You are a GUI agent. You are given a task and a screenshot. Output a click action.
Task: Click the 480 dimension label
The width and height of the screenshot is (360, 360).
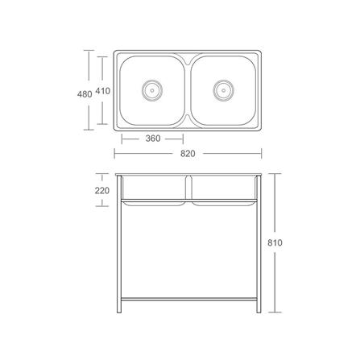[85, 94]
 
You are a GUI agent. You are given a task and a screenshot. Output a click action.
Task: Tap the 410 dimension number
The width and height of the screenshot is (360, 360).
[103, 91]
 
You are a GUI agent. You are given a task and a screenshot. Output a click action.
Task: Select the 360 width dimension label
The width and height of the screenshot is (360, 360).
[153, 139]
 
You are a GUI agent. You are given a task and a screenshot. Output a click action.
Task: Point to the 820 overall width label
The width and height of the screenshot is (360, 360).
[188, 154]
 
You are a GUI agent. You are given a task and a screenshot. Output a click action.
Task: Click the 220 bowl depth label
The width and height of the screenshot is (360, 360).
[102, 191]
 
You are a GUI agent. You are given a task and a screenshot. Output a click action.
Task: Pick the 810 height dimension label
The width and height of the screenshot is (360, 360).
[275, 242]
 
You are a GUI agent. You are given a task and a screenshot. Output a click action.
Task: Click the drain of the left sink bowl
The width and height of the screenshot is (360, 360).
[152, 90]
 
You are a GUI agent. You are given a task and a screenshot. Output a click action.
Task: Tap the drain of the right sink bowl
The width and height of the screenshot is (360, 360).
[224, 90]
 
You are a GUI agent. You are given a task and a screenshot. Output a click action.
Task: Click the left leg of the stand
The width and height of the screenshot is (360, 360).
[119, 244]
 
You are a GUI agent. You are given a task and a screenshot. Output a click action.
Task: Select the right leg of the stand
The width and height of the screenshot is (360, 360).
[259, 244]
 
